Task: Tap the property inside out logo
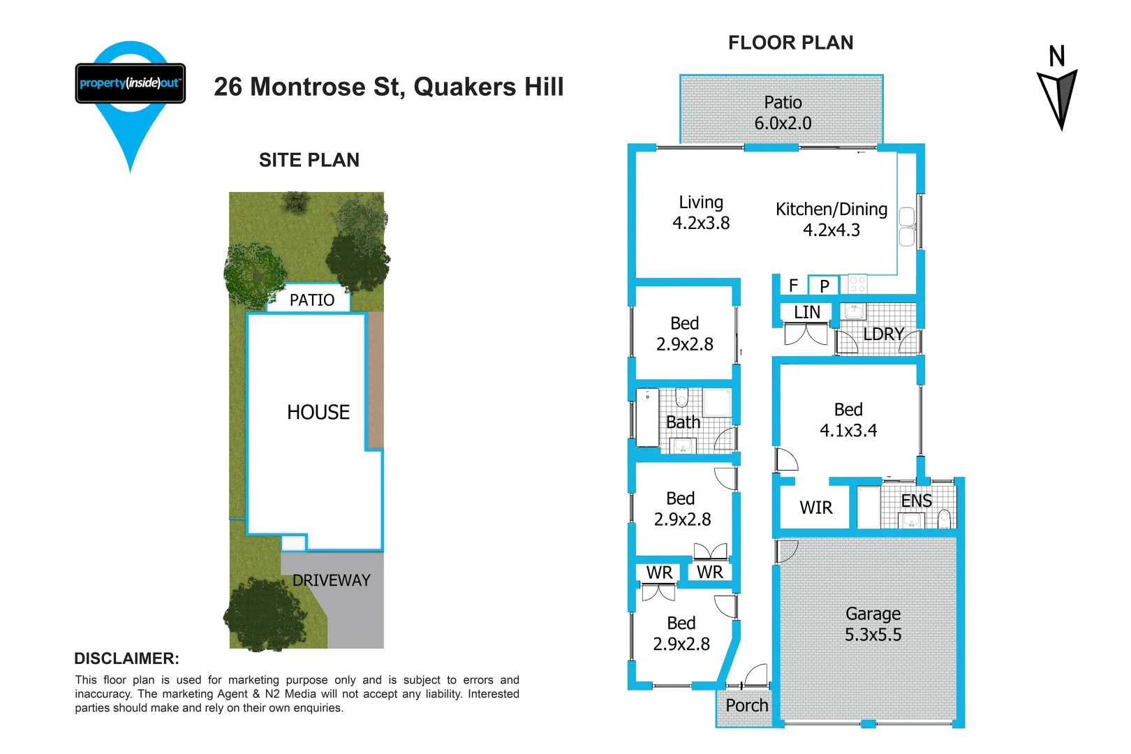(131, 84)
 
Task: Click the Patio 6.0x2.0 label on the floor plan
(783, 112)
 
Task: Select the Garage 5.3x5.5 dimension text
(873, 624)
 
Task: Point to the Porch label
(746, 706)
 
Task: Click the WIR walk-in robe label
(815, 508)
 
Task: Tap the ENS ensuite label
(916, 501)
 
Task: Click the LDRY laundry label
(883, 334)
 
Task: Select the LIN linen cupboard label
(807, 312)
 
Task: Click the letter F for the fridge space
(793, 286)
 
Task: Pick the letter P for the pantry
(825, 286)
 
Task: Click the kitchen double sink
(907, 227)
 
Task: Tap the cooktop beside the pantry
(858, 284)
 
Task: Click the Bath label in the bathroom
(683, 422)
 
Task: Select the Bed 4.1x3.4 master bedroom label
(848, 420)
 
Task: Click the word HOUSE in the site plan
(318, 413)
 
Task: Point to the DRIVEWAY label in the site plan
(331, 580)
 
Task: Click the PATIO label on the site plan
(311, 300)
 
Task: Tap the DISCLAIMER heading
(126, 658)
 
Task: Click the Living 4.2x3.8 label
(701, 212)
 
